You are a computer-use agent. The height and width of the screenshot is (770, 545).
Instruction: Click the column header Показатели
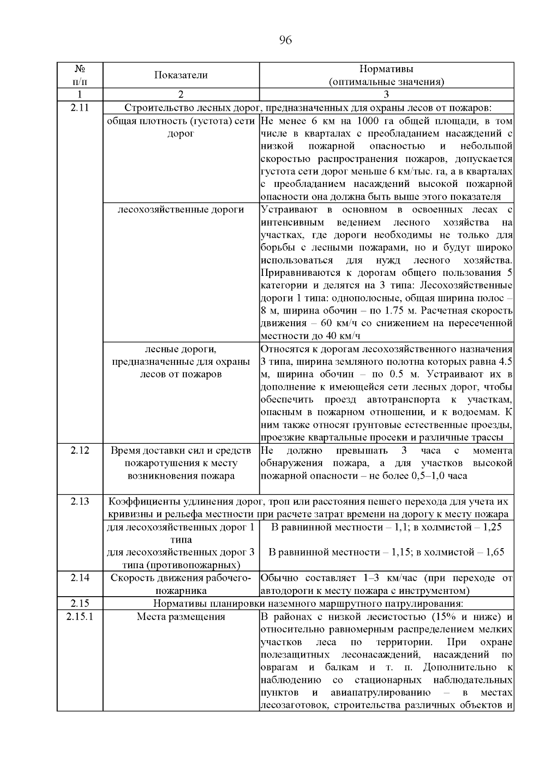[x=181, y=75]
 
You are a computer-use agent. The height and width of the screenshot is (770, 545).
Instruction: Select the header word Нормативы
[x=386, y=69]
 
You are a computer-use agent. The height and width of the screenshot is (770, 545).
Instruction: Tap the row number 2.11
[x=80, y=108]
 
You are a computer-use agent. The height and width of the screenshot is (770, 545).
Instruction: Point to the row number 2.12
[x=80, y=451]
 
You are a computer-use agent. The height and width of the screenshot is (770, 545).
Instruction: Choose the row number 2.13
[x=80, y=501]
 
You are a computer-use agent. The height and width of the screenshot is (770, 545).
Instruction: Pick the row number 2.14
[x=80, y=578]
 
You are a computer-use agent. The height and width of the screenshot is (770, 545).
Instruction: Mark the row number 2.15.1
[x=80, y=617]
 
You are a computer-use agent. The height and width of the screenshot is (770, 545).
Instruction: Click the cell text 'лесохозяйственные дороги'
[x=181, y=210]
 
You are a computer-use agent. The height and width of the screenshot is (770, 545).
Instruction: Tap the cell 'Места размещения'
[x=181, y=617]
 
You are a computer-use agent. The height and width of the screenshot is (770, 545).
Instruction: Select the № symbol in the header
[x=80, y=69]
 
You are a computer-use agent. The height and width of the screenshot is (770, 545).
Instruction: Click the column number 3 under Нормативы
[x=386, y=95]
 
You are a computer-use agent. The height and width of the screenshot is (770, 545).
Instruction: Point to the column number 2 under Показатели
[x=181, y=95]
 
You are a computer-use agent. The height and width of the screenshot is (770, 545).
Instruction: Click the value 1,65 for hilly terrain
[x=495, y=552]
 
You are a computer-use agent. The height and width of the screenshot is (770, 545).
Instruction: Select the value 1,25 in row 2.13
[x=491, y=527]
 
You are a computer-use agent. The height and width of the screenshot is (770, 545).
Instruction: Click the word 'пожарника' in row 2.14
[x=181, y=591]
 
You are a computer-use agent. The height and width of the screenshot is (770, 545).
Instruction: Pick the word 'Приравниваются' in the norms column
[x=294, y=273]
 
